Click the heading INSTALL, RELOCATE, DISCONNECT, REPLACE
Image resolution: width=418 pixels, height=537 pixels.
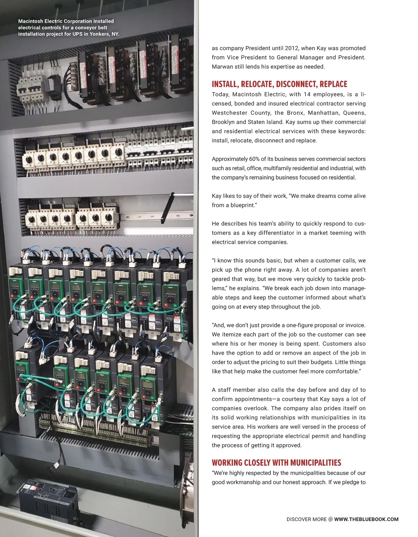279,84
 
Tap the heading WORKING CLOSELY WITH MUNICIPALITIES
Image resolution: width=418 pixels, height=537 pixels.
276,463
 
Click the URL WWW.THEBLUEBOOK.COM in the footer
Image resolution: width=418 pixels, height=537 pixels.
366,519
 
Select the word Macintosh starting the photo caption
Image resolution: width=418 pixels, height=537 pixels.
31,21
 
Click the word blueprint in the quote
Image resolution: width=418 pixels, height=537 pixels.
242,205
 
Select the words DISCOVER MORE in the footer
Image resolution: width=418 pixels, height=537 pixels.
307,519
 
